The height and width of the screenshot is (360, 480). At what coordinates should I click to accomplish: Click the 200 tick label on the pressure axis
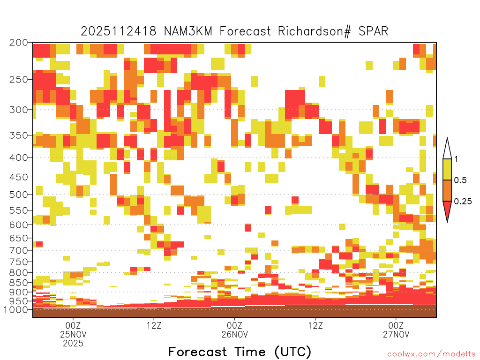[x=19, y=43]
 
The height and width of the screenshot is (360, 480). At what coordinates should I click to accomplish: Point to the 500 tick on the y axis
[x=19, y=195]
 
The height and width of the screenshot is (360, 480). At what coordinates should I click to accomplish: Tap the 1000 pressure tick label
[x=15, y=310]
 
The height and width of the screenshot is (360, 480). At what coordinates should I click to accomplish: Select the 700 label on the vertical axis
[x=19, y=250]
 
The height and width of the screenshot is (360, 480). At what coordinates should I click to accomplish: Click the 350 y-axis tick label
[x=19, y=135]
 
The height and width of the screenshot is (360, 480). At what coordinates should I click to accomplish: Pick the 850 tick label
[x=19, y=283]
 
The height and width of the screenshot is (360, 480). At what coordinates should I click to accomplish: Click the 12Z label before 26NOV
[x=154, y=325]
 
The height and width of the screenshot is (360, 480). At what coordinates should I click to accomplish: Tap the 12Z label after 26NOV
[x=315, y=325]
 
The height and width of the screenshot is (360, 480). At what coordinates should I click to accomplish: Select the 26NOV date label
[x=234, y=334]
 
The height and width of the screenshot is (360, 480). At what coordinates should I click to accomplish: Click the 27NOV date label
[x=396, y=334]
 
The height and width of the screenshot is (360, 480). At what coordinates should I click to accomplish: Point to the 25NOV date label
[x=73, y=334]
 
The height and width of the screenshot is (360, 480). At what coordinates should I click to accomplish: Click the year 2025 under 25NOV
[x=73, y=343]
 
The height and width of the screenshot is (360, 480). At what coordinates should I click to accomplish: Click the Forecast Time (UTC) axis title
[x=240, y=352]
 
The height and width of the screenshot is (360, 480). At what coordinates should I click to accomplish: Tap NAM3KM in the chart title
[x=188, y=31]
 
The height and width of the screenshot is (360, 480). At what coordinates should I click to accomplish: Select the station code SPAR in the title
[x=373, y=31]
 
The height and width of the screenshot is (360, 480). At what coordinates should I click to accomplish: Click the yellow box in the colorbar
[x=447, y=169]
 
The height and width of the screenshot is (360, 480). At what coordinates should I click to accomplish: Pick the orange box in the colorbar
[x=447, y=190]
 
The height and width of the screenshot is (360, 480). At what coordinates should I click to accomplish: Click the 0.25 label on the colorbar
[x=463, y=202]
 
